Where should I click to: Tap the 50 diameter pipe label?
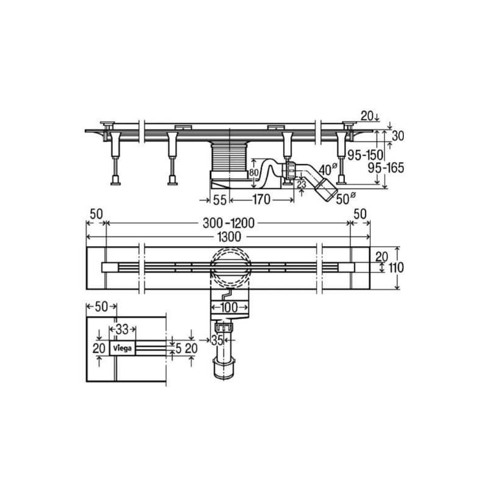pos(346,199)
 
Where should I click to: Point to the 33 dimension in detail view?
pos(123,329)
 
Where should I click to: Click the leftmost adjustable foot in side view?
pos(114,153)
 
